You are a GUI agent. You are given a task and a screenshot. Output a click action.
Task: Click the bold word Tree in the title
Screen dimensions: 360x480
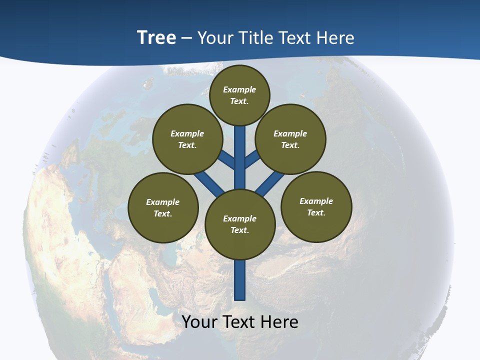click(156, 37)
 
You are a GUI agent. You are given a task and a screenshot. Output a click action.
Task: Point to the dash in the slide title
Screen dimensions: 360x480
click(187, 38)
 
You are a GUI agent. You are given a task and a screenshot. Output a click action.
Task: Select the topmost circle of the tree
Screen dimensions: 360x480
click(239, 95)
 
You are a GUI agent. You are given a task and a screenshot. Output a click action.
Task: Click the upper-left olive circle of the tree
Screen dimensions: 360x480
click(187, 139)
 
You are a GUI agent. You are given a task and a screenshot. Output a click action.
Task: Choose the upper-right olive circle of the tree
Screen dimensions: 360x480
click(290, 139)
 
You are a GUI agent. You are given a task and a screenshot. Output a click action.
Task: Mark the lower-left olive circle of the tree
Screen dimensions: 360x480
click(163, 207)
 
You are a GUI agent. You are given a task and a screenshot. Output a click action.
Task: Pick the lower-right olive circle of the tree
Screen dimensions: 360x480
click(316, 206)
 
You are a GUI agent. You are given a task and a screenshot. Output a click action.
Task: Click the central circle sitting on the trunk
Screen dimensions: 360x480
click(240, 224)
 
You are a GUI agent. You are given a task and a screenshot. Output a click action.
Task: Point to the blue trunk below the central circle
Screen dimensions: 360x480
click(240, 280)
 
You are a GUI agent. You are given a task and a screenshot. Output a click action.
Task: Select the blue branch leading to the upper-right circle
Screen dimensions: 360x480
click(252, 159)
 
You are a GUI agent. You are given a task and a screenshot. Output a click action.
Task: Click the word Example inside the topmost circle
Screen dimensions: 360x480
click(239, 89)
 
